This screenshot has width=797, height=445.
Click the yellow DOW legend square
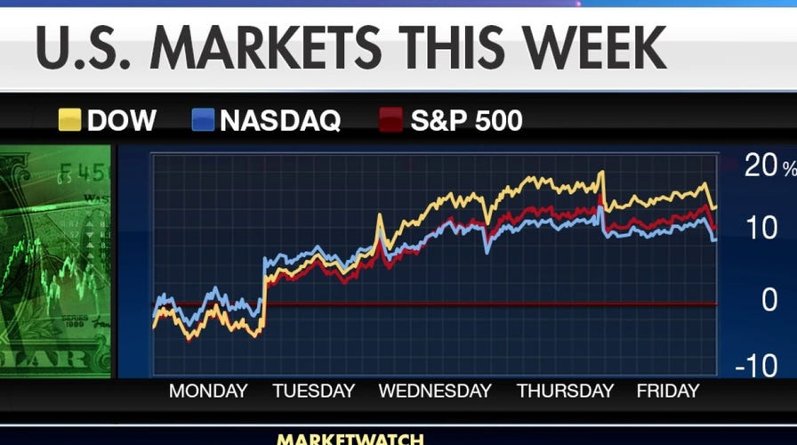(69, 120)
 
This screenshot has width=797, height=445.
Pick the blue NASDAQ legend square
(203, 120)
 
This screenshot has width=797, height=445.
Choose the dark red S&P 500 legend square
(392, 120)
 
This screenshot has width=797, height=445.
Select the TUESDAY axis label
(313, 391)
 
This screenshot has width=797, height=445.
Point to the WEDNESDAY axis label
(435, 391)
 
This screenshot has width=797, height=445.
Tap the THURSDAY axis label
(566, 391)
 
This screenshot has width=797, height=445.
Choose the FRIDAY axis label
(668, 391)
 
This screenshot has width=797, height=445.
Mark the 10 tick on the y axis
(761, 230)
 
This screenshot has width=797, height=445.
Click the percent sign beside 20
(789, 167)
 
